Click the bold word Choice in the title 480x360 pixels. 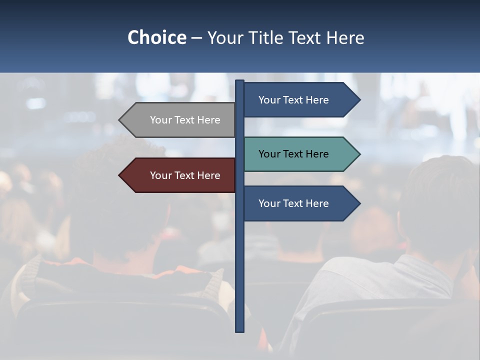pos(157,37)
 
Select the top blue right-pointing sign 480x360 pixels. pos(300,100)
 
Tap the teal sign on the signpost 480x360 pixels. pos(300,154)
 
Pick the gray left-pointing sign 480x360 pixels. pos(180,120)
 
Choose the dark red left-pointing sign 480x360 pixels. pos(180,175)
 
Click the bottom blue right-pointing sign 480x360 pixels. pos(300,203)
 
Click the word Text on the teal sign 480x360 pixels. pos(293,154)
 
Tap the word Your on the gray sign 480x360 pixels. pos(160,120)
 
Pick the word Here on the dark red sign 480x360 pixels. pos(208,175)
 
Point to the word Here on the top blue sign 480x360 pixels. pos(317,100)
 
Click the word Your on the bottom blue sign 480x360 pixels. pos(269,203)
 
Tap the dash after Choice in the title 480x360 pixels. pos(196,38)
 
